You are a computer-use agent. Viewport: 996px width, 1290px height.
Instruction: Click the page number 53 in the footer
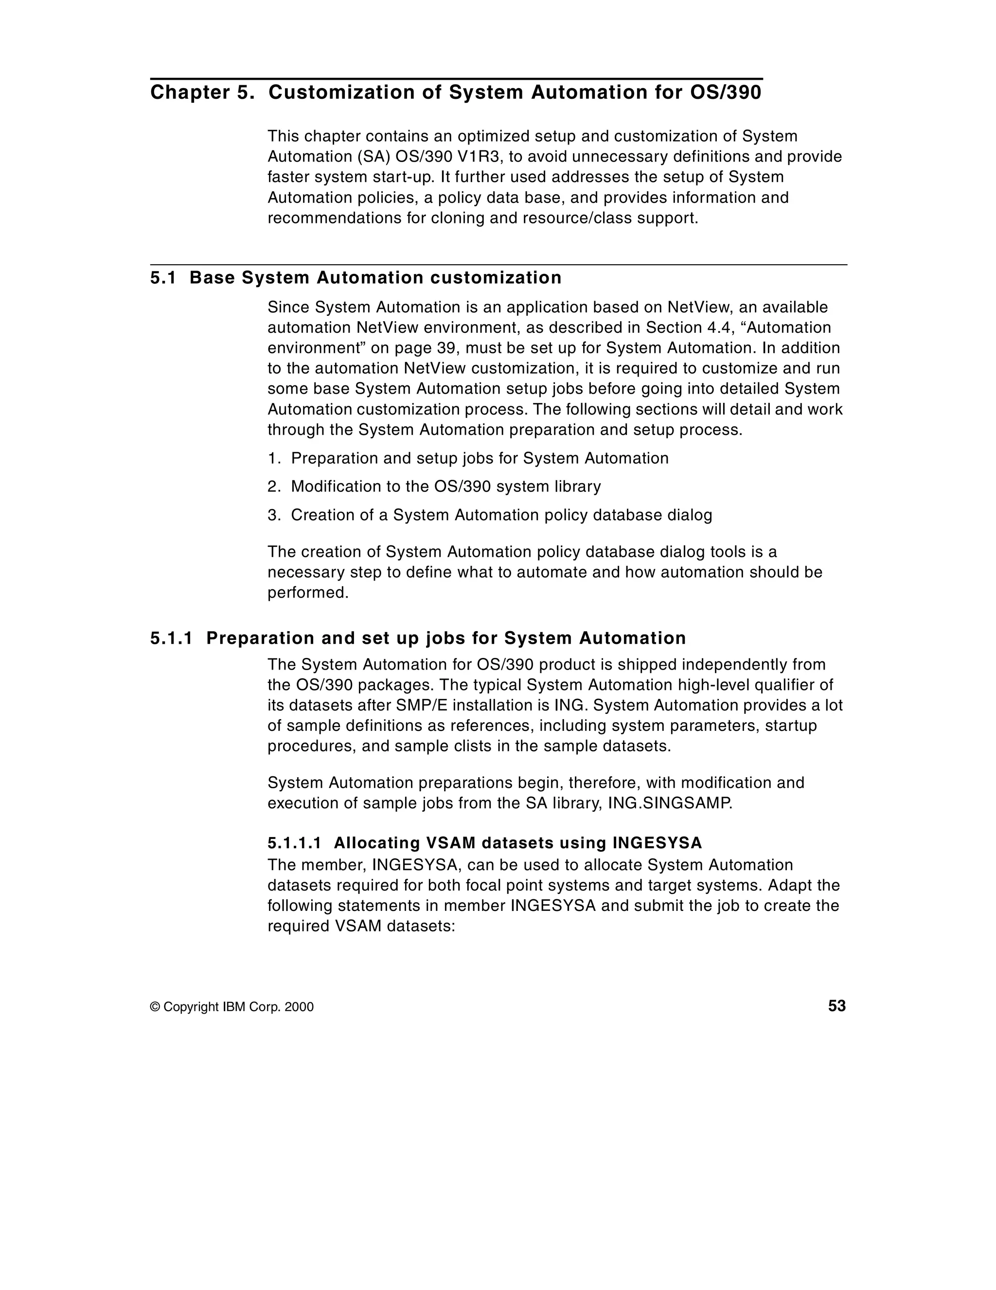pyautogui.click(x=836, y=1006)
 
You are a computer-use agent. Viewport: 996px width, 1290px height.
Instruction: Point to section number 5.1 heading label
pyautogui.click(x=163, y=277)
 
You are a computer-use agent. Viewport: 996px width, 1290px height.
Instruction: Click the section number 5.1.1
pyautogui.click(x=171, y=638)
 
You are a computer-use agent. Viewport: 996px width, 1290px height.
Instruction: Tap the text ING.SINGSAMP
pyautogui.click(x=670, y=803)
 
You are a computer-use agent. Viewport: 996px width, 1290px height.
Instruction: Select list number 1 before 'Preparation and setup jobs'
pyautogui.click(x=272, y=458)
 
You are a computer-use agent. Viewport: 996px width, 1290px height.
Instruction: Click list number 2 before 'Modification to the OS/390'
pyautogui.click(x=272, y=487)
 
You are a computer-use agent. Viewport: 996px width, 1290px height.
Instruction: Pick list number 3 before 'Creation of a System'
pyautogui.click(x=272, y=515)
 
